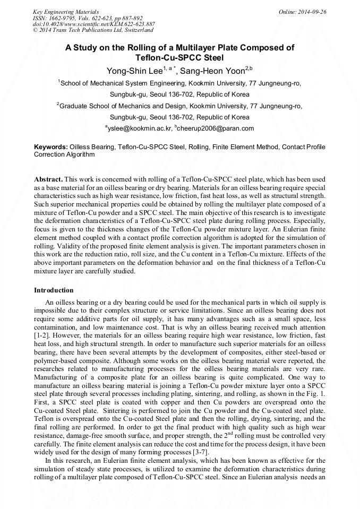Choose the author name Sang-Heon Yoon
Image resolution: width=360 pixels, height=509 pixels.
pyautogui.click(x=212, y=70)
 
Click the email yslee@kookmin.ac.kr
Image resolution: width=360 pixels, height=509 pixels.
pyautogui.click(x=140, y=128)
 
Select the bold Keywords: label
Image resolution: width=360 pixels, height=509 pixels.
pyautogui.click(x=51, y=146)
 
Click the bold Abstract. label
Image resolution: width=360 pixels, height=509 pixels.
pyautogui.click(x=48, y=180)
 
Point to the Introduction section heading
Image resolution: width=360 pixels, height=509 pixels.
pyautogui.click(x=54, y=290)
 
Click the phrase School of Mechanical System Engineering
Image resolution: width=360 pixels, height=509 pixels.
pyautogui.click(x=123, y=83)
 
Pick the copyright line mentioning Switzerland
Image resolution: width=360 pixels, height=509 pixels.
pyautogui.click(x=93, y=31)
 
